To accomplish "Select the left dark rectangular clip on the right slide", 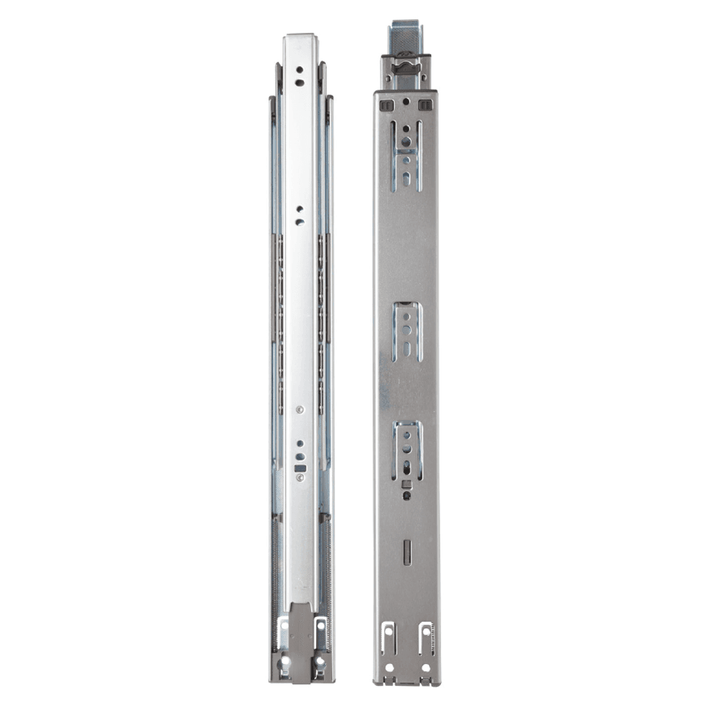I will coord(385,105).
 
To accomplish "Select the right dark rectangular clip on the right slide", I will coord(425,105).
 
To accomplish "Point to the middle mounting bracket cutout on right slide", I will coord(405,331).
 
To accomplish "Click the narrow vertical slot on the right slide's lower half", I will coord(406,552).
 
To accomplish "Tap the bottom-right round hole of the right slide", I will coord(425,667).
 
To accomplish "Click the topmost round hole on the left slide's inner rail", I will coord(300,70).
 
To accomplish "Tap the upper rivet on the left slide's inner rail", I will coord(300,409).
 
